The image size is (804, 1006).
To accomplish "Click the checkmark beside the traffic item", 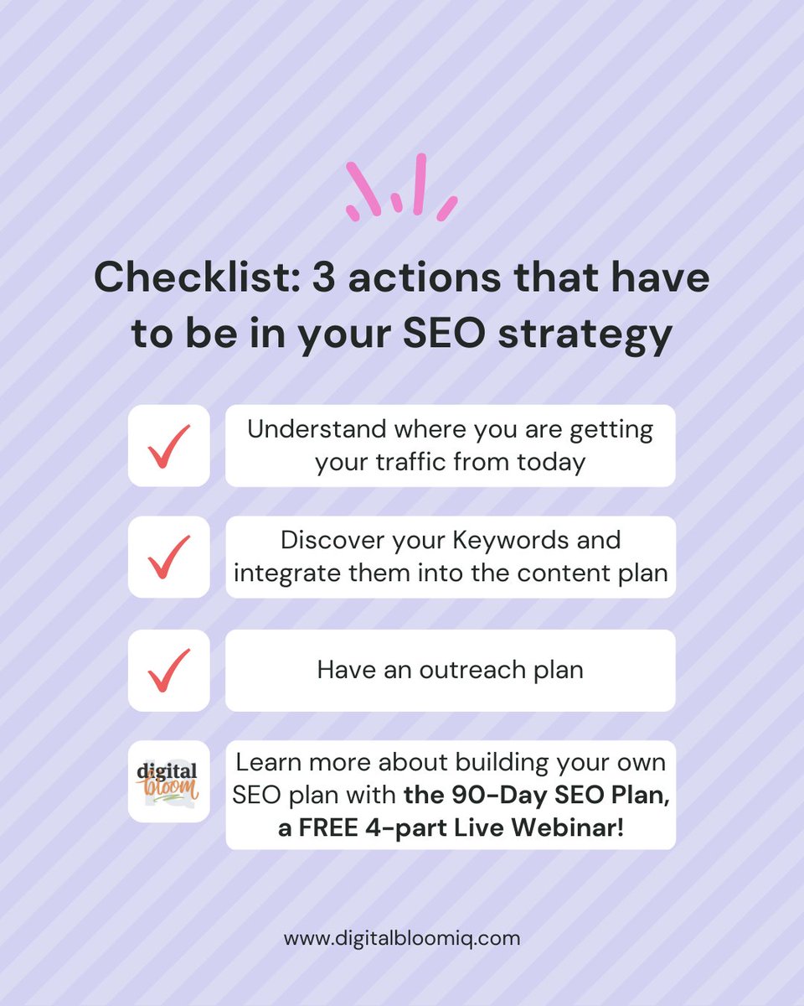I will click(x=168, y=445).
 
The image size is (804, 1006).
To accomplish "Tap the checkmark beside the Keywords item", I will click(x=168, y=557).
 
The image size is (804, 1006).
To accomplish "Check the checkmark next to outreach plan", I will click(x=168, y=670).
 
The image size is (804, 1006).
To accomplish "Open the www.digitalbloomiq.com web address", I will click(x=402, y=937).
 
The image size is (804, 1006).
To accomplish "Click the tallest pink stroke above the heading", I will click(x=420, y=183).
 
